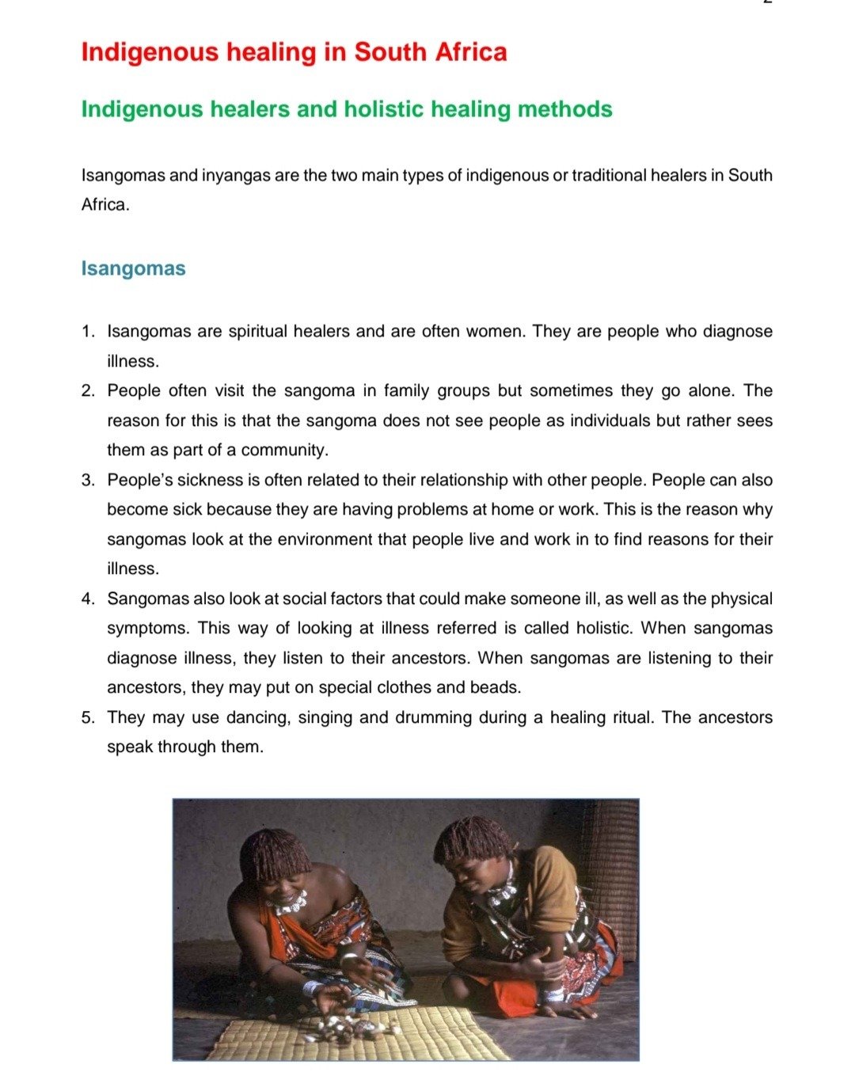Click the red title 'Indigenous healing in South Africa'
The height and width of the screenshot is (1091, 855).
(294, 52)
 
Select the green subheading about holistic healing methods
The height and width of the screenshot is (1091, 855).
(347, 108)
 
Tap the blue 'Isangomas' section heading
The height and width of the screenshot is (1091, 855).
(133, 268)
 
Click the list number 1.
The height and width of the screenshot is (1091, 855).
(88, 332)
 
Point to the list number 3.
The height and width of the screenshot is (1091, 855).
(88, 481)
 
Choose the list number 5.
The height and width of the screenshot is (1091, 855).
(88, 718)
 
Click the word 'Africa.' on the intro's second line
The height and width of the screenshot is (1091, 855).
(105, 205)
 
